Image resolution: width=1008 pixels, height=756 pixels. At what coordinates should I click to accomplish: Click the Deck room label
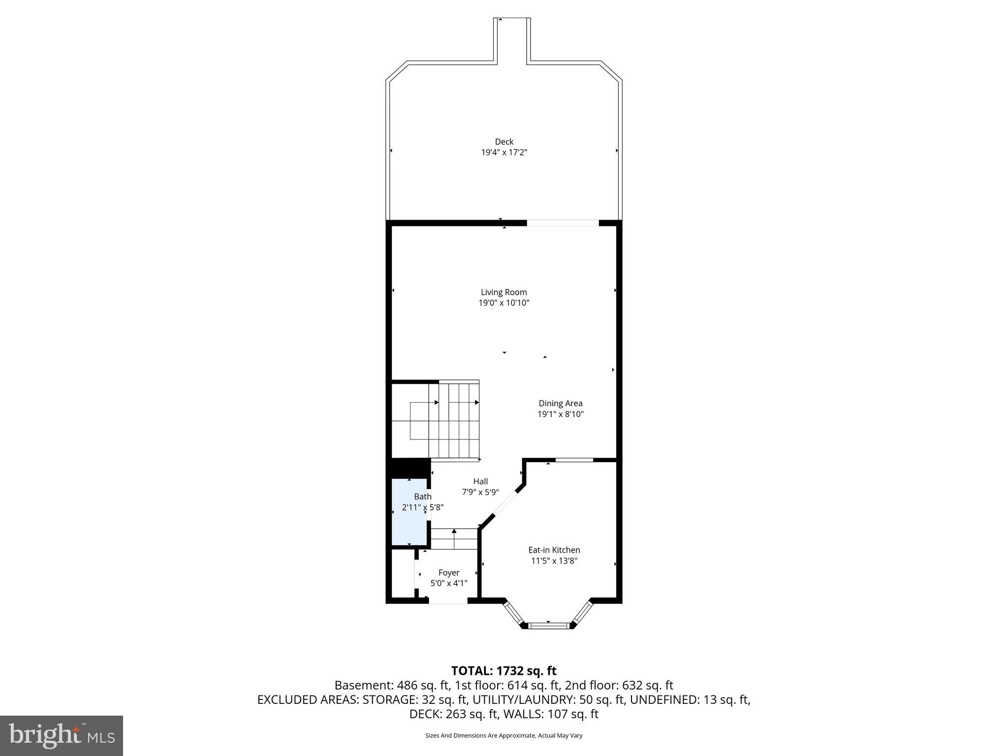point(504,142)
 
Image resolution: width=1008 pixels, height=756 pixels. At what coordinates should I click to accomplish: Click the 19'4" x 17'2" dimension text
point(504,153)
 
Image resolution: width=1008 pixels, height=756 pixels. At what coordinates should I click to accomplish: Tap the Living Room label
point(504,292)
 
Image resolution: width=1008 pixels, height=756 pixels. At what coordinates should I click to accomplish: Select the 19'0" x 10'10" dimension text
point(504,303)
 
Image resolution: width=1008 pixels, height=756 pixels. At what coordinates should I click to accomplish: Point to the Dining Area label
point(560,403)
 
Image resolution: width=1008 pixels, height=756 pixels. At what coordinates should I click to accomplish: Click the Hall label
point(480,481)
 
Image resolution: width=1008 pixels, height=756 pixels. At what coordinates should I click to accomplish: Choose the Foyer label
point(448,572)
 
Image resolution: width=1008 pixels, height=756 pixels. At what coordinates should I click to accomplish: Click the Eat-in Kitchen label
point(554,550)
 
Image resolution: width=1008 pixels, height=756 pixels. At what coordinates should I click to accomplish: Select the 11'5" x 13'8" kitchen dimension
point(554,561)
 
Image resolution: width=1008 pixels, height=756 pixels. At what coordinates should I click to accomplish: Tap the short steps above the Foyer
point(454,539)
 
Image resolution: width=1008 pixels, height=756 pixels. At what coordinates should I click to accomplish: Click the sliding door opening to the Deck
point(563,223)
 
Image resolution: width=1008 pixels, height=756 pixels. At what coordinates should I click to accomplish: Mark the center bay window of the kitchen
point(548,626)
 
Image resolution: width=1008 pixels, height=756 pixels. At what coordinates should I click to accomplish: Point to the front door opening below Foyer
point(447,600)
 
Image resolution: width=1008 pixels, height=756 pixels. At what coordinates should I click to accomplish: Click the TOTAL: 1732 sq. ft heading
point(504,670)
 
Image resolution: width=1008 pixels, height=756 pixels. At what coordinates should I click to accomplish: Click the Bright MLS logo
point(62,735)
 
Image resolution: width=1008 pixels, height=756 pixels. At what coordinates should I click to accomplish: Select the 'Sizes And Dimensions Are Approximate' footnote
point(504,735)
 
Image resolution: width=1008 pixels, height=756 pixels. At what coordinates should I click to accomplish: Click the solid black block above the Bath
point(408,468)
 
